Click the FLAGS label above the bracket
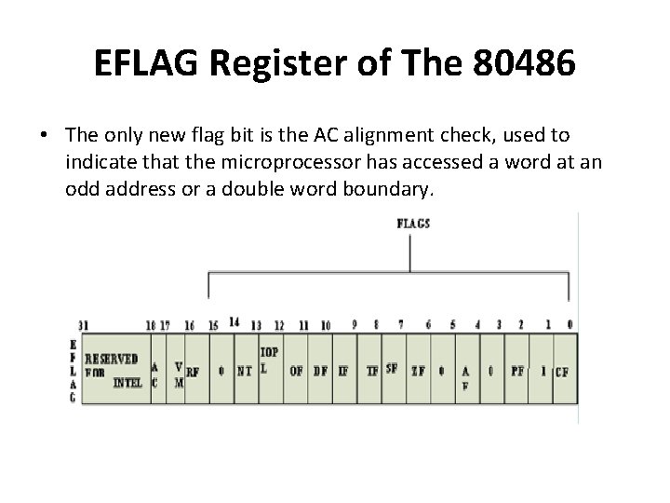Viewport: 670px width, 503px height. point(412,224)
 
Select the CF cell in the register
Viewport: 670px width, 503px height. point(562,371)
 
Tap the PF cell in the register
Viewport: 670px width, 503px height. point(518,370)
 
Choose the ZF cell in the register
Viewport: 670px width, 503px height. point(418,370)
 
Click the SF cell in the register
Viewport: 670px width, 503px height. point(392,367)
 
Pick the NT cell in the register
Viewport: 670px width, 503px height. point(244,370)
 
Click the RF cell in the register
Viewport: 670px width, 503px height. point(193,370)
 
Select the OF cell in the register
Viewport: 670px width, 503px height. point(296,370)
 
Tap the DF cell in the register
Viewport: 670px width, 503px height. point(320,370)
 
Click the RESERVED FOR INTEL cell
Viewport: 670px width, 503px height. point(113,369)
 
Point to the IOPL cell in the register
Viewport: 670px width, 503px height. point(269,360)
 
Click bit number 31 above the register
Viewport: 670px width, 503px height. point(84,325)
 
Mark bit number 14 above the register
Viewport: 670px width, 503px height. point(234,322)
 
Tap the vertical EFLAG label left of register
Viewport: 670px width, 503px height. point(74,371)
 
